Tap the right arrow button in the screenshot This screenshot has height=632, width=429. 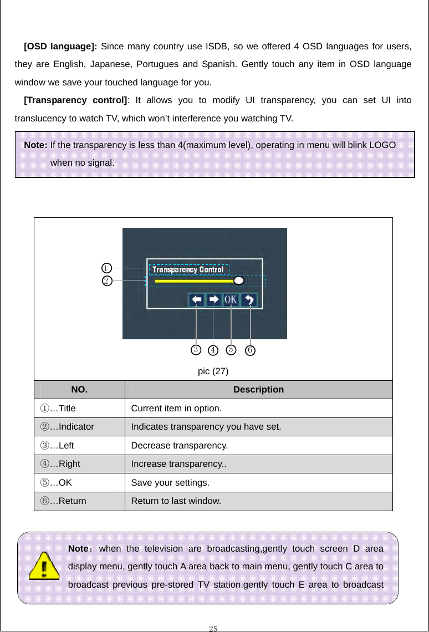point(213,300)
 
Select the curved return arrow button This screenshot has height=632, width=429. point(249,300)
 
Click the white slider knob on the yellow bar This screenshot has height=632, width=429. point(239,281)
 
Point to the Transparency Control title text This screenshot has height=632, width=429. point(188,269)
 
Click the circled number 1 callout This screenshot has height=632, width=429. point(106,268)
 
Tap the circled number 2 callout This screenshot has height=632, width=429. point(106,281)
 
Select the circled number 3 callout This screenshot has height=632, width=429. point(196,349)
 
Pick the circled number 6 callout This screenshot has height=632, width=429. point(250,350)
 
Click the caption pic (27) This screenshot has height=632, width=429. point(213,371)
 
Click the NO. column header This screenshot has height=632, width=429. point(79,390)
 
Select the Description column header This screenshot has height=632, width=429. point(258,390)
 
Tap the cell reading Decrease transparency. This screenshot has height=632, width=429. point(180,446)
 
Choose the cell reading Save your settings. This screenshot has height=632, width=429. point(170,483)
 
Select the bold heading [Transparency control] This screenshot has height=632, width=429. point(75,100)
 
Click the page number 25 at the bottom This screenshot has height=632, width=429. point(213,628)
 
